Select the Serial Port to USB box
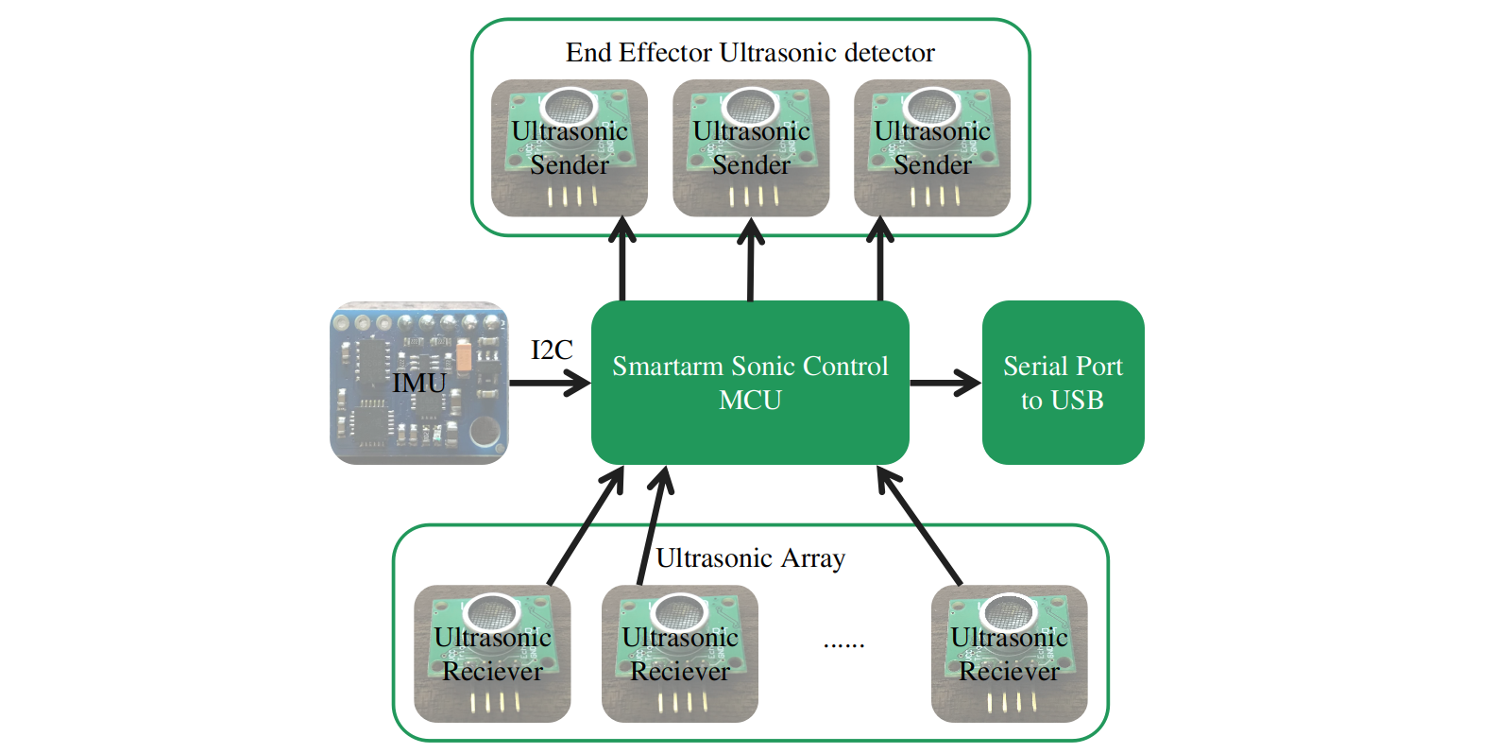pos(1063,383)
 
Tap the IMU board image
pos(418,383)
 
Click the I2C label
pos(552,351)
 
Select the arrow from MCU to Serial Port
pos(945,383)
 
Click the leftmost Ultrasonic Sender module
pos(570,148)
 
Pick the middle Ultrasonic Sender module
pos(751,148)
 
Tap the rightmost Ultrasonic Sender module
pos(932,148)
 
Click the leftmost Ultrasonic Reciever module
pos(492,654)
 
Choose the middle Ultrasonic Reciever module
pos(680,654)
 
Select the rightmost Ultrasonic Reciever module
pos(1009,654)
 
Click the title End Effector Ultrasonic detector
pos(750,53)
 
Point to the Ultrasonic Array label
pos(750,558)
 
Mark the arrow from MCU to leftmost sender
pos(622,260)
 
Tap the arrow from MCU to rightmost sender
pos(880,260)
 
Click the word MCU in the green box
pos(750,401)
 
